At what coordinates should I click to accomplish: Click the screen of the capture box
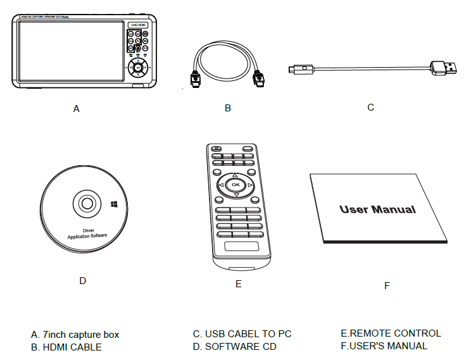click(70, 51)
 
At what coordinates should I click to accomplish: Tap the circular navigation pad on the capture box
click(137, 71)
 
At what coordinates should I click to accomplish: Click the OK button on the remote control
click(235, 185)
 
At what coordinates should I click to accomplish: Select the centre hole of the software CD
click(86, 204)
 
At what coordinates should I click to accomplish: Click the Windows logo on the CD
click(113, 204)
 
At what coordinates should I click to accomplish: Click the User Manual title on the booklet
click(377, 209)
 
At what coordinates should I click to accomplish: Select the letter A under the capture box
click(77, 109)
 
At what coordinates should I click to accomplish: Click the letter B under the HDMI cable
click(228, 108)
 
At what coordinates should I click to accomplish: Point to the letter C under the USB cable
click(371, 108)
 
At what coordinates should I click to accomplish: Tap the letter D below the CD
click(82, 280)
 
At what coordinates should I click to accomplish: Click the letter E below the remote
click(238, 284)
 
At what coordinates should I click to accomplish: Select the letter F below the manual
click(387, 286)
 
